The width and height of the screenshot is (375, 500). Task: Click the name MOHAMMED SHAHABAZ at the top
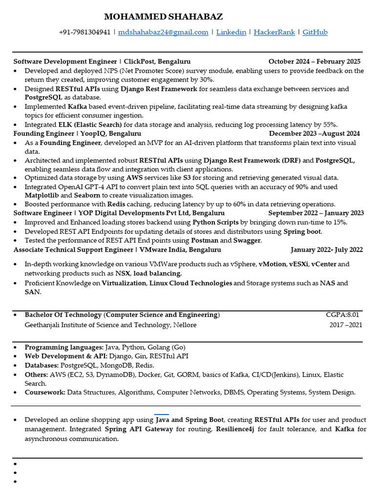pos(163,17)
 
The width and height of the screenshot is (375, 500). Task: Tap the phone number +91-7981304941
pos(84,32)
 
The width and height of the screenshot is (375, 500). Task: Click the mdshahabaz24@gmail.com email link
pos(163,32)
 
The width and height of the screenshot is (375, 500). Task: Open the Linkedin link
pos(231,32)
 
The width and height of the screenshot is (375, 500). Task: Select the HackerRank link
pos(274,32)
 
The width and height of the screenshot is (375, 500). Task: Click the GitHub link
pos(315,32)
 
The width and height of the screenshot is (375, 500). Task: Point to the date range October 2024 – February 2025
pos(314,62)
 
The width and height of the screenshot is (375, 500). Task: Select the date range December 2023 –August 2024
pos(314,133)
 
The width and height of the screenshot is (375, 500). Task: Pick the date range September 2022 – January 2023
pos(316,213)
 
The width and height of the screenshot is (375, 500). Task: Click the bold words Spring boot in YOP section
pos(302,231)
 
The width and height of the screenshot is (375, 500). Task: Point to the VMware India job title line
pos(117,250)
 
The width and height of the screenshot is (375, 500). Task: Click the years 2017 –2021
pos(346,325)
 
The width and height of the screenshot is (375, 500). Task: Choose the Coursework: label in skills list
pos(45,392)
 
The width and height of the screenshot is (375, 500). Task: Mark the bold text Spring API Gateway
pos(139,429)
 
